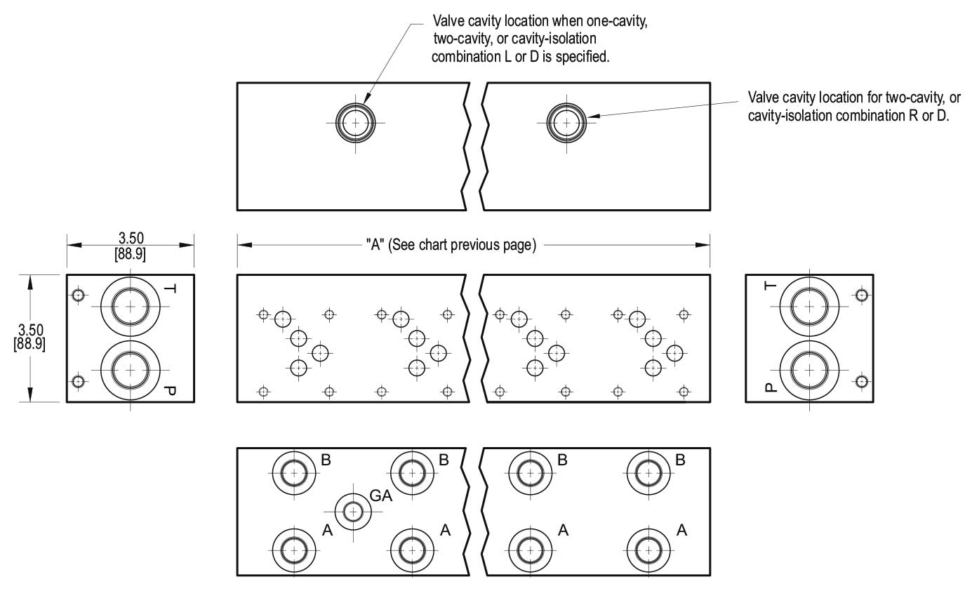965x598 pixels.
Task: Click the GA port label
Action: tap(381, 496)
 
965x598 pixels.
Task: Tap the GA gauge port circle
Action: tap(353, 512)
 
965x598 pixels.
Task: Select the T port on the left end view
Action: tap(131, 306)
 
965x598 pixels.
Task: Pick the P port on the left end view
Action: tap(131, 370)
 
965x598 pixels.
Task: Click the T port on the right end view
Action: tap(809, 306)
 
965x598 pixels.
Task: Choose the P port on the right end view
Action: tap(809, 370)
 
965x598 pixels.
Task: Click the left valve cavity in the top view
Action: tap(355, 123)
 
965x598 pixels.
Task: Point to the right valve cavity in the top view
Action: tap(566, 123)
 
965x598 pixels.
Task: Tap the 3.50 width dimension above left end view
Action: tap(131, 246)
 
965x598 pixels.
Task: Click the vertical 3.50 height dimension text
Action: tap(30, 337)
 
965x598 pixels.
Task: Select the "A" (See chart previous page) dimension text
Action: tap(451, 245)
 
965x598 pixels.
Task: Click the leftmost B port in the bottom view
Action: tap(294, 473)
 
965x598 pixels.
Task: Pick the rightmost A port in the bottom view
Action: tap(648, 550)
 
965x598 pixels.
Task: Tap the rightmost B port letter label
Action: tap(680, 460)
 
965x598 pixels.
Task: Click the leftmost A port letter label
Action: tap(328, 530)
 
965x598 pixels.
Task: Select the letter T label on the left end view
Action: tap(170, 288)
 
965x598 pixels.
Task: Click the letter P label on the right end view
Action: tap(771, 387)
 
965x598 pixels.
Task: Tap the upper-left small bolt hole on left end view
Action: tap(78, 295)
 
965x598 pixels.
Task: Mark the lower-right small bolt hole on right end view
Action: tap(862, 382)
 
